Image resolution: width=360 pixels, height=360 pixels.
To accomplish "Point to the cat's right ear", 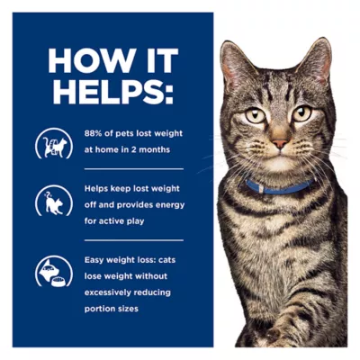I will coord(316,59).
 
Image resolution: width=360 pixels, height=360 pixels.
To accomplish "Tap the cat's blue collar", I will coord(279,188).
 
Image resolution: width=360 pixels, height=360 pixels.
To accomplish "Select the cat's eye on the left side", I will coord(256,114).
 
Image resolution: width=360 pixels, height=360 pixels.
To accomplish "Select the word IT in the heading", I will coord(150,60).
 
